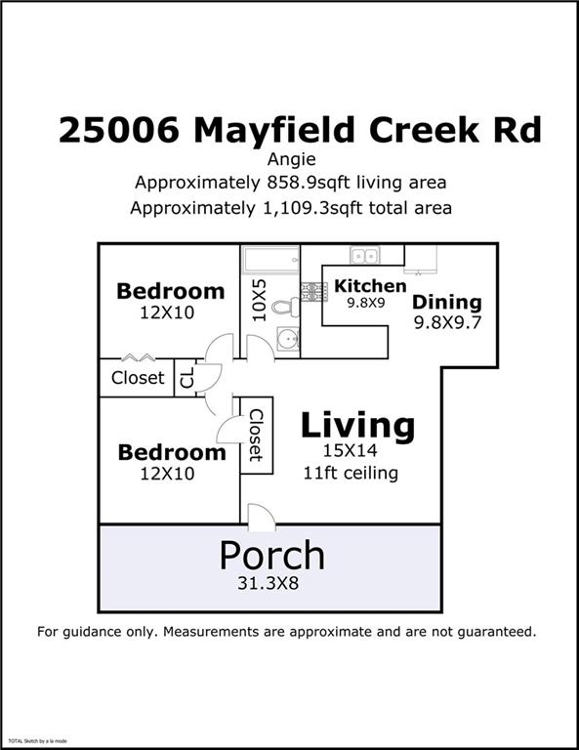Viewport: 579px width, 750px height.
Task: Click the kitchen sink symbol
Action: click(x=365, y=256)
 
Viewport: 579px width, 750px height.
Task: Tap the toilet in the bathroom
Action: click(x=284, y=307)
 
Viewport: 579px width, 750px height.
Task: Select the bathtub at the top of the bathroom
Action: click(x=270, y=260)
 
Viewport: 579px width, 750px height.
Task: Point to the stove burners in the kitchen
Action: click(x=314, y=291)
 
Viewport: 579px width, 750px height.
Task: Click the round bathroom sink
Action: click(x=286, y=340)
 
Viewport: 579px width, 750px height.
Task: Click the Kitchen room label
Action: click(x=370, y=286)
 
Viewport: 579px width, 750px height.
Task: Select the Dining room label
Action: click(x=446, y=302)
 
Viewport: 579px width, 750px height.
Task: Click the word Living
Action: click(x=356, y=426)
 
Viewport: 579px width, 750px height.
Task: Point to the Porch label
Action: click(x=271, y=555)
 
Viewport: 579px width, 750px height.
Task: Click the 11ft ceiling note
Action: click(x=351, y=474)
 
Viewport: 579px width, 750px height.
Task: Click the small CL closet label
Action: click(x=186, y=377)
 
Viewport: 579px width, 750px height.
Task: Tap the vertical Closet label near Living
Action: click(x=256, y=435)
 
